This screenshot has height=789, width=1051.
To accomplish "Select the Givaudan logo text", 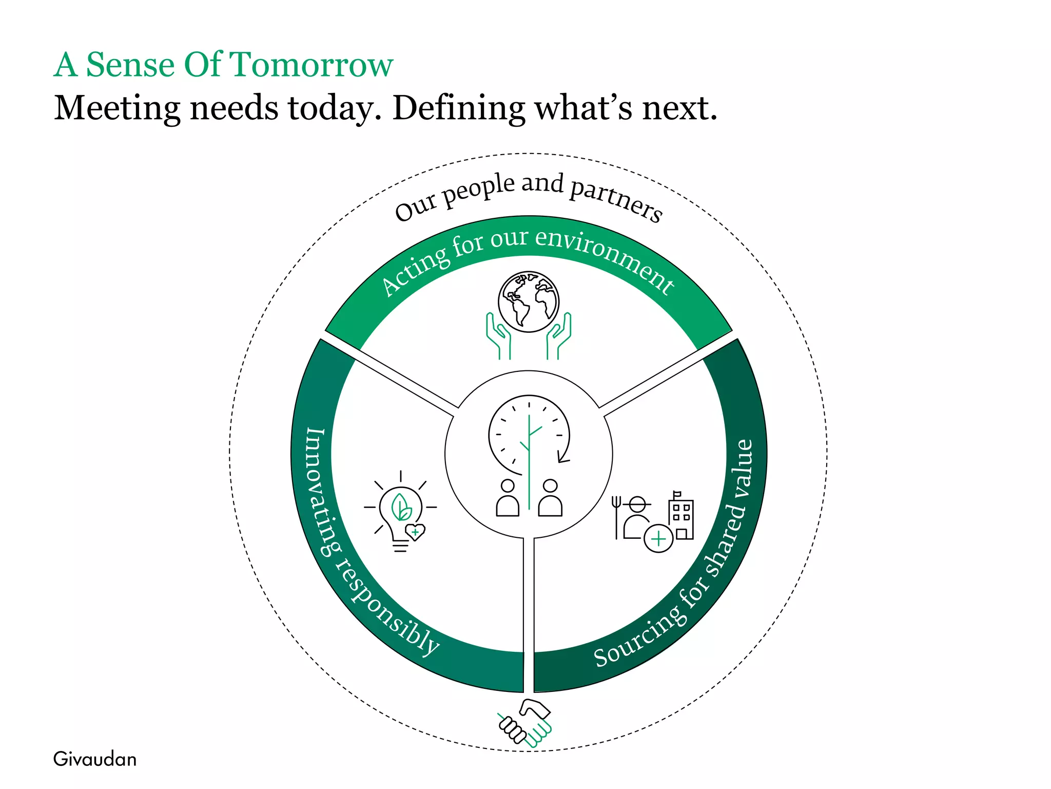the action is click(95, 759).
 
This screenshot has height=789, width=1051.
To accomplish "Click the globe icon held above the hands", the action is click(529, 302).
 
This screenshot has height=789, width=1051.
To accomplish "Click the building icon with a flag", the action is click(681, 516).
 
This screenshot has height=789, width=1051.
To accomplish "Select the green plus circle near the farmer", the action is click(658, 538).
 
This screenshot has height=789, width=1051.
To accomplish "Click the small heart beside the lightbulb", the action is click(415, 532).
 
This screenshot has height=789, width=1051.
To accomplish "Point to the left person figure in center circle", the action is click(508, 498).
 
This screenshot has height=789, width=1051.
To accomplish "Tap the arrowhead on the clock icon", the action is click(563, 457).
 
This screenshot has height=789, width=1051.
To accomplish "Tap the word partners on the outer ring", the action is click(616, 198).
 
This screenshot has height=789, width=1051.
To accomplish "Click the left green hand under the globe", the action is click(498, 336).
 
